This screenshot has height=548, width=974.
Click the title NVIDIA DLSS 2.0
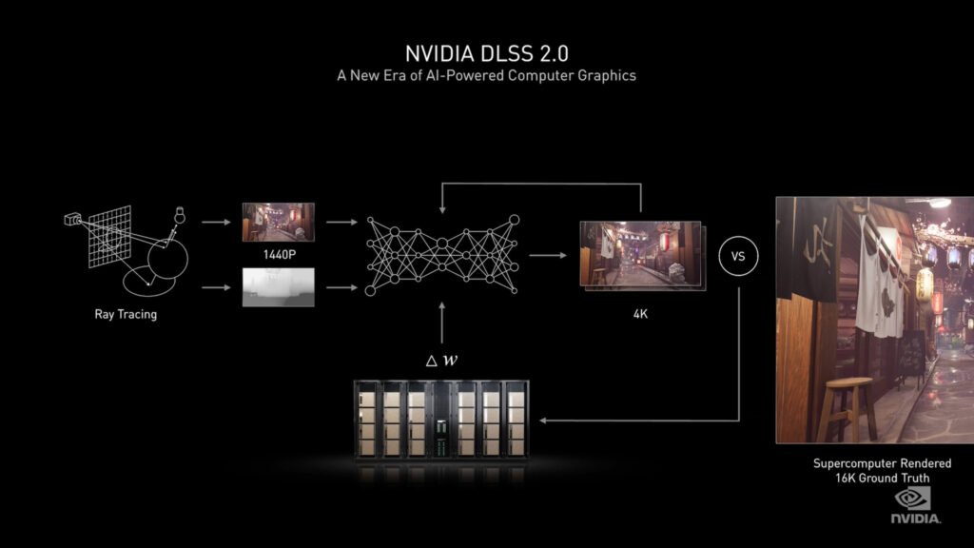click(487, 53)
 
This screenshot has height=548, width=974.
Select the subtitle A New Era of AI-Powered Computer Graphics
click(486, 76)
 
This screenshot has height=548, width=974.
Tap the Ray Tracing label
click(126, 314)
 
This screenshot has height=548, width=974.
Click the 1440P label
click(279, 255)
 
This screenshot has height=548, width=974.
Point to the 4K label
click(640, 314)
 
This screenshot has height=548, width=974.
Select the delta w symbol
click(441, 361)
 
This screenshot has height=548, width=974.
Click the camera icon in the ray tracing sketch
click(72, 220)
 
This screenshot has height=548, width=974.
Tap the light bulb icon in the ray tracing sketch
click(180, 215)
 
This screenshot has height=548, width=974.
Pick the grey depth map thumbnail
click(279, 287)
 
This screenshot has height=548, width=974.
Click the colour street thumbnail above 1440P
click(279, 222)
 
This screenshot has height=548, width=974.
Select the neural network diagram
click(442, 255)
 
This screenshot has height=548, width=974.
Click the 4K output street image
click(642, 255)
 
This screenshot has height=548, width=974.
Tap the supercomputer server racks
click(441, 421)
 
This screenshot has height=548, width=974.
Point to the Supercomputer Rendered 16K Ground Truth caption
click(882, 471)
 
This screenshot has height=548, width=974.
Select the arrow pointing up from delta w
click(442, 323)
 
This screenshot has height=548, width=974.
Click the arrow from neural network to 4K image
click(548, 255)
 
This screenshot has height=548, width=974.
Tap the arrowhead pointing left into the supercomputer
click(543, 421)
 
